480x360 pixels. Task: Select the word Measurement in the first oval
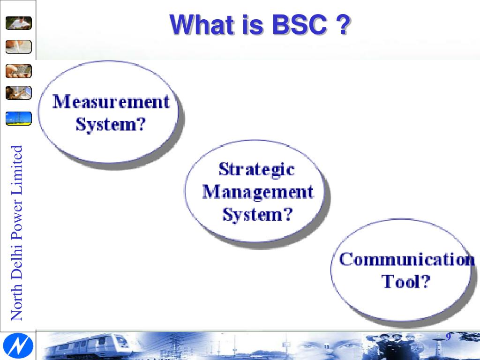[111, 101]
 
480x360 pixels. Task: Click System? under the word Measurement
[111, 125]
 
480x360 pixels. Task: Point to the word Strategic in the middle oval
[256, 169]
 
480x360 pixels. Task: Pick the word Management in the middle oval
[257, 192]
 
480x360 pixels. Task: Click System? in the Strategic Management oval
[257, 215]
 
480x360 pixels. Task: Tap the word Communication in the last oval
[406, 259]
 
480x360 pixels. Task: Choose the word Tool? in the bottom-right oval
[405, 282]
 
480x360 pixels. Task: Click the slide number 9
[448, 338]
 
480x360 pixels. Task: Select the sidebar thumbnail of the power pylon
[19, 118]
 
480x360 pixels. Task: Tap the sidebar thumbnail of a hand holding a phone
[19, 71]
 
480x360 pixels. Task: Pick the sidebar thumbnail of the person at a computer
[19, 93]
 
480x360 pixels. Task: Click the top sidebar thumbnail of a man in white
[19, 23]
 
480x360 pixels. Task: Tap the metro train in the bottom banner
[89, 346]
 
